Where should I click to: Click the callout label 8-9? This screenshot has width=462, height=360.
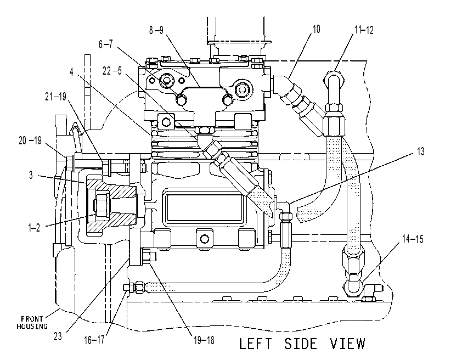coord(156,30)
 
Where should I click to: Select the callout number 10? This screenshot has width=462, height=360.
coord(316,29)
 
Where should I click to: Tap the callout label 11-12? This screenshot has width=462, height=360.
coord(364,30)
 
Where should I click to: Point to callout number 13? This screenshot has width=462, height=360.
coord(420,151)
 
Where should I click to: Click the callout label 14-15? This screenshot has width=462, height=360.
coord(413,239)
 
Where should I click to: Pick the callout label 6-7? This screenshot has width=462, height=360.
coord(105,44)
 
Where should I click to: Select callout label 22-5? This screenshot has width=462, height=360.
coord(112,71)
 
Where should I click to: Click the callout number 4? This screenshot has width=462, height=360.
coord(71,71)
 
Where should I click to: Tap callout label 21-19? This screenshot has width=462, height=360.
coord(55,97)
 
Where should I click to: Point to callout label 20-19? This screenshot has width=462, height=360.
coord(30,140)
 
